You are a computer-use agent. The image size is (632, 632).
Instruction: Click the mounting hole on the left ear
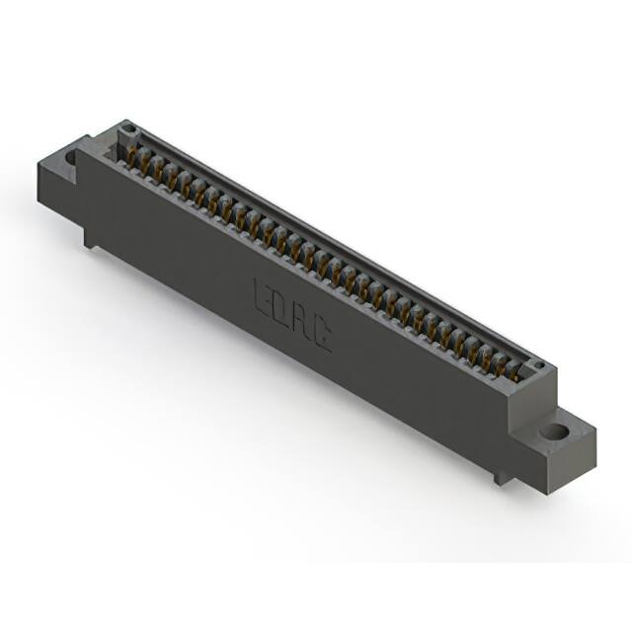click(72, 156)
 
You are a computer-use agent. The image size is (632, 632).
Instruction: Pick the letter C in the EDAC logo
click(322, 337)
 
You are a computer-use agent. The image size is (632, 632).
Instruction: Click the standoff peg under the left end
click(91, 237)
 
